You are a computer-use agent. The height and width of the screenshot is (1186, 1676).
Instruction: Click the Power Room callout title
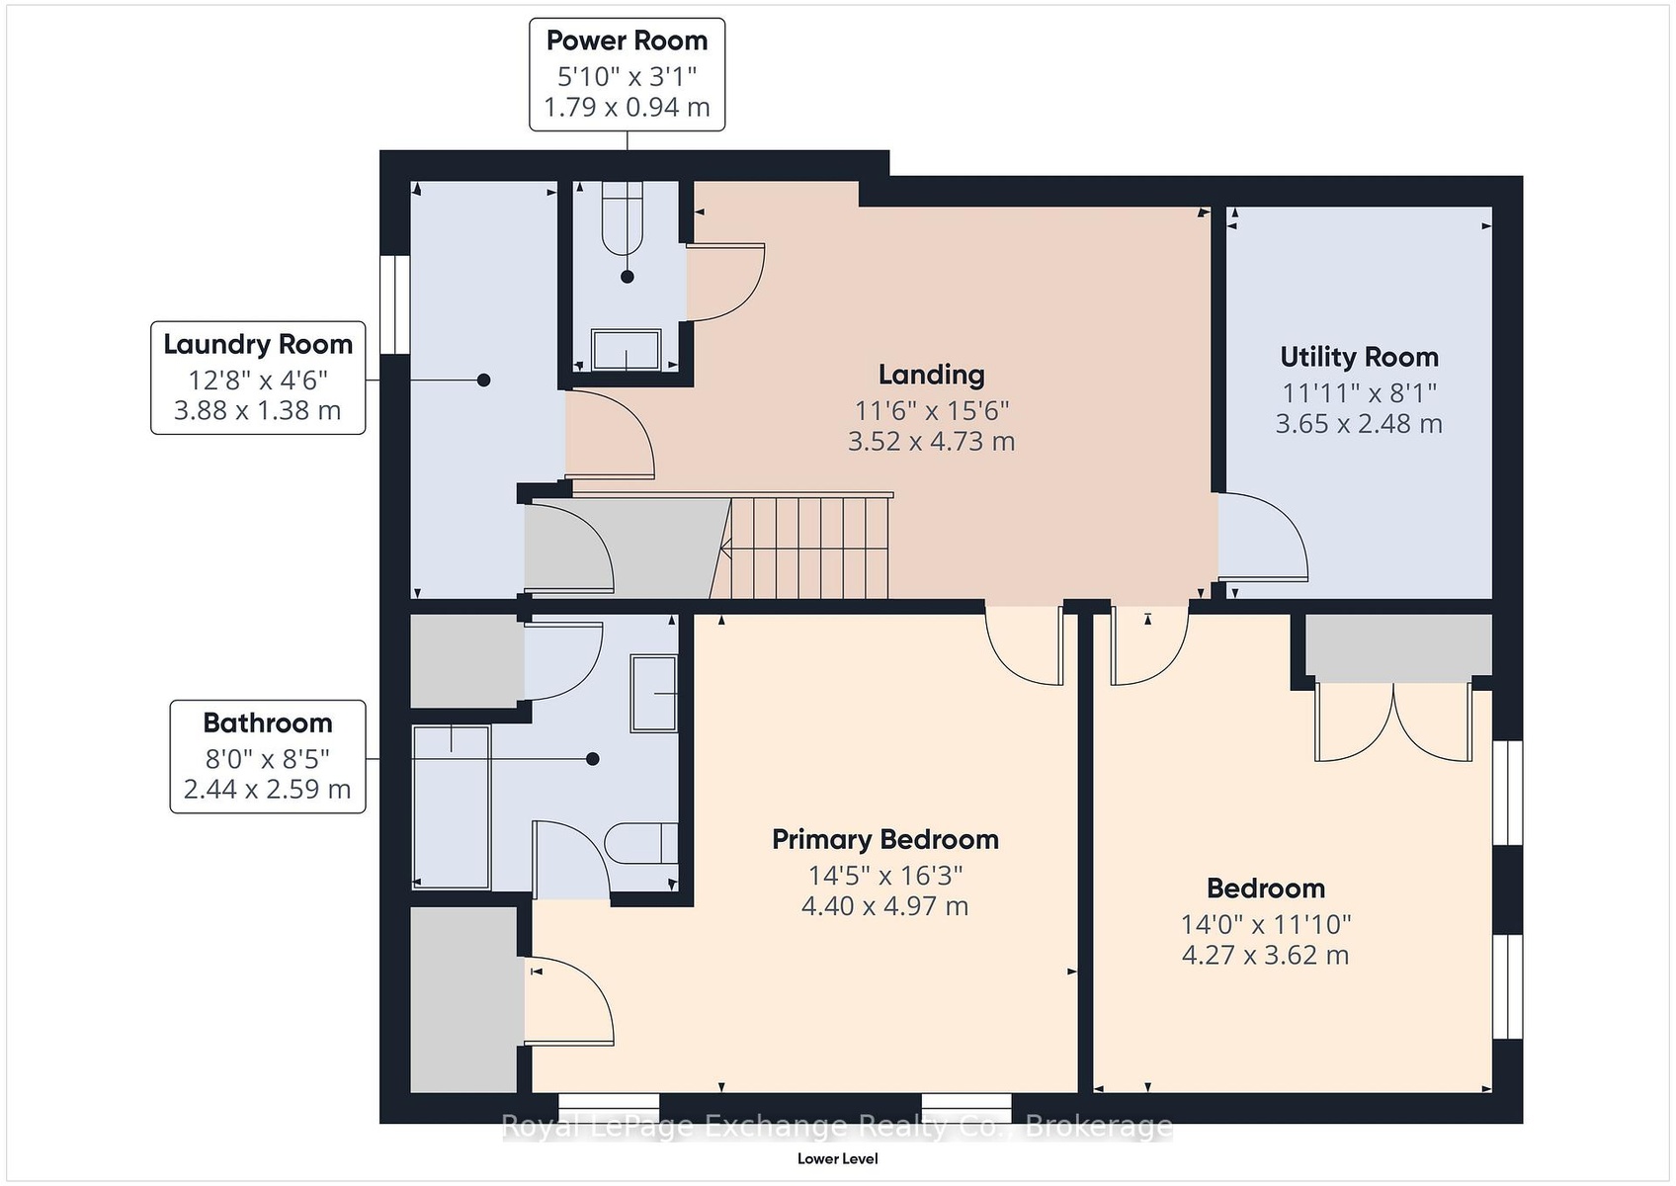[627, 41]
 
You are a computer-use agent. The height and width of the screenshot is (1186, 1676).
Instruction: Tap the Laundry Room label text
[258, 344]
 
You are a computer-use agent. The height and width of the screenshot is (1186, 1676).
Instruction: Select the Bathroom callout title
[268, 722]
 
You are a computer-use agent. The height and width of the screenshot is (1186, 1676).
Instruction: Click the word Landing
[932, 375]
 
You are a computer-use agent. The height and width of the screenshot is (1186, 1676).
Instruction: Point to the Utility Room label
[1360, 357]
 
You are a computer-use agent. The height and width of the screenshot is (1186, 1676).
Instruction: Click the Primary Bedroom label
[885, 839]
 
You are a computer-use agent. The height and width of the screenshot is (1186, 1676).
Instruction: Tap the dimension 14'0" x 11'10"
[1266, 925]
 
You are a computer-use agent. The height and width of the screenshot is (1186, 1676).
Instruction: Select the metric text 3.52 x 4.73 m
[932, 441]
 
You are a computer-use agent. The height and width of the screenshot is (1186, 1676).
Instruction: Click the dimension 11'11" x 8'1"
[1360, 392]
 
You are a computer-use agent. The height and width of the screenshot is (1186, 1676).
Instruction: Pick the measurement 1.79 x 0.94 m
[627, 107]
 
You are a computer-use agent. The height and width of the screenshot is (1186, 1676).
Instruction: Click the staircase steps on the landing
[808, 548]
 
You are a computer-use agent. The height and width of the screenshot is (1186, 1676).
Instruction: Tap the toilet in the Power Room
[623, 219]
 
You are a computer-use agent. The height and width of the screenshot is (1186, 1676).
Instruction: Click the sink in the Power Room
[627, 350]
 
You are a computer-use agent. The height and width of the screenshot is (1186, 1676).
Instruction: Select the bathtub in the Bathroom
[452, 806]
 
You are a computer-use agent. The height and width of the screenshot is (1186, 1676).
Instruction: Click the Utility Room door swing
[1263, 537]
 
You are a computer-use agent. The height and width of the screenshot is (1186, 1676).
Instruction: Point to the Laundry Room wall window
[395, 304]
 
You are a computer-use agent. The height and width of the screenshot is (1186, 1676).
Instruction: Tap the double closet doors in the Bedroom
[1393, 722]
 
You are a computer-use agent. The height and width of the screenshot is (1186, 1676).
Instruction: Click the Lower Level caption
[837, 1159]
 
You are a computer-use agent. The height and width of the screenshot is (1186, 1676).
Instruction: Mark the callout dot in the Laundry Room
[484, 381]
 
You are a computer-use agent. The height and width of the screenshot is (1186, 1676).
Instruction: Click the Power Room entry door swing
[725, 282]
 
